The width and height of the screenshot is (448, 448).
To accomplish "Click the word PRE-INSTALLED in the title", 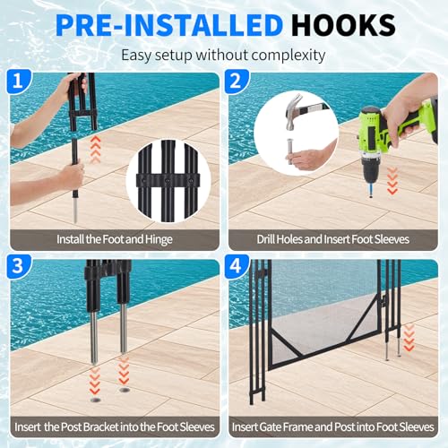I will coord(175,23).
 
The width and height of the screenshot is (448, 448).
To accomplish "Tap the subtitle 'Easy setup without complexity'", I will coord(223,54).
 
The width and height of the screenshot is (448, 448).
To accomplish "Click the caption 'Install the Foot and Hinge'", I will coord(114,240).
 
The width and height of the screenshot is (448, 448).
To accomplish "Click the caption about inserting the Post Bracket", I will coord(114,427).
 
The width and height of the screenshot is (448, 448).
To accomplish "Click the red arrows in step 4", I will coord(409,339).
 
